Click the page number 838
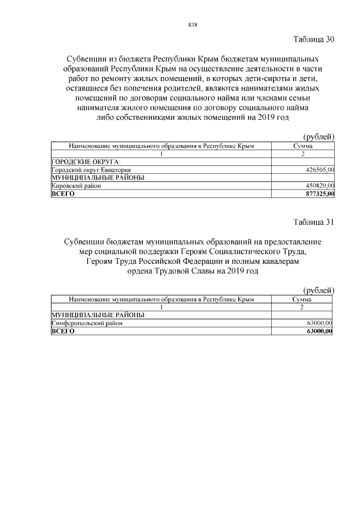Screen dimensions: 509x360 [x=192, y=25]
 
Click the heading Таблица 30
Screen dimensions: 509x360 [x=314, y=39]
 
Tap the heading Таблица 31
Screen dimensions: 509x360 [x=314, y=222]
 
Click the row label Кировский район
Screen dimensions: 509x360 [x=76, y=186]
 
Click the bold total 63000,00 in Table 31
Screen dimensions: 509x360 [x=319, y=331]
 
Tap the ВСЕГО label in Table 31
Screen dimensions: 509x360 [x=62, y=331]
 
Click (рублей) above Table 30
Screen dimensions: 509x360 [x=319, y=137]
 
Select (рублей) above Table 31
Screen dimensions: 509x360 [x=319, y=290]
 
